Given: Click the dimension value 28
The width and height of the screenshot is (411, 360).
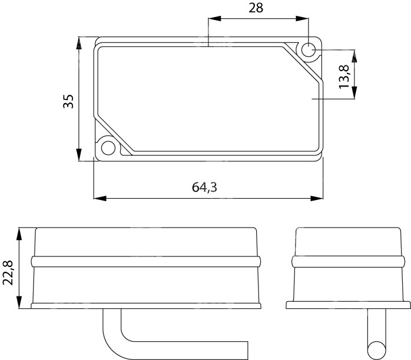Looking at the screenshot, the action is coord(256,8).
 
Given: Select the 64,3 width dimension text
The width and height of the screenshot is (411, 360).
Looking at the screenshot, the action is coord(204,187).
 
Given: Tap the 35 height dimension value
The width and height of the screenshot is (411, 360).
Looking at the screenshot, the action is coord(68,101).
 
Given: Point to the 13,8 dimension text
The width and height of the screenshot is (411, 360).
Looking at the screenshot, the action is coord(344,76).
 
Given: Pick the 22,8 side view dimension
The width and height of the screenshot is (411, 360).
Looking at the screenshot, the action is coord(8,272).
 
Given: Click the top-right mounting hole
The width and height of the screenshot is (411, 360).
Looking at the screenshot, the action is coord(309,50).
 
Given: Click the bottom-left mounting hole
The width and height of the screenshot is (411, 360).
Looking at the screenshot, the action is coord(108,148).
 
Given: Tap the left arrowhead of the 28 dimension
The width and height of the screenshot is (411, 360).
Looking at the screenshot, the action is coord(214,18).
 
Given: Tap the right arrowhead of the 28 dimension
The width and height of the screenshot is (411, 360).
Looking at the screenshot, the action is coord(302,18).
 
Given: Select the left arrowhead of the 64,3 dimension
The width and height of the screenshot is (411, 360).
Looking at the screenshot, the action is coord(100,198).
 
